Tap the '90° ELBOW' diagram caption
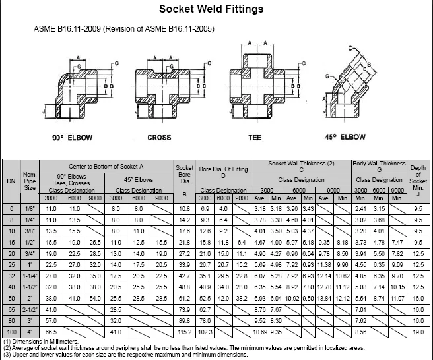pos(72,138)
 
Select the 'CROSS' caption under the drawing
pos(159,138)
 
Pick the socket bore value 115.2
pos(185,331)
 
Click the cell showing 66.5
pos(51,331)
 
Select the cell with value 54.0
pos(95,299)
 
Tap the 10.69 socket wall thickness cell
pos(261,331)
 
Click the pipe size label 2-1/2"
pos(30,310)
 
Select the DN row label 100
pos(11,331)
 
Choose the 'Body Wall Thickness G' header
pos(379,167)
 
